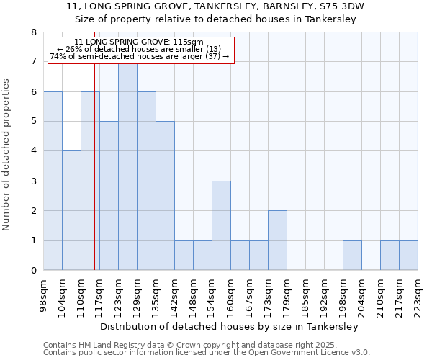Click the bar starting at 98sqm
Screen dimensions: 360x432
(x=53, y=181)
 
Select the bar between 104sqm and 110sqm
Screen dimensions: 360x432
(x=71, y=210)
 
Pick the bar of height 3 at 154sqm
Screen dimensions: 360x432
(x=221, y=225)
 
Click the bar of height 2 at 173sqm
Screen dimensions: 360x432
(x=277, y=240)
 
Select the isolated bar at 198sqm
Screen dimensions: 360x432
(x=352, y=256)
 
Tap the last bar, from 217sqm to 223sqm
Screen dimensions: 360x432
(x=408, y=256)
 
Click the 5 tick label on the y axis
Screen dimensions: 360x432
(x=33, y=122)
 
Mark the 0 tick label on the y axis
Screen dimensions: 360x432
(x=33, y=271)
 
